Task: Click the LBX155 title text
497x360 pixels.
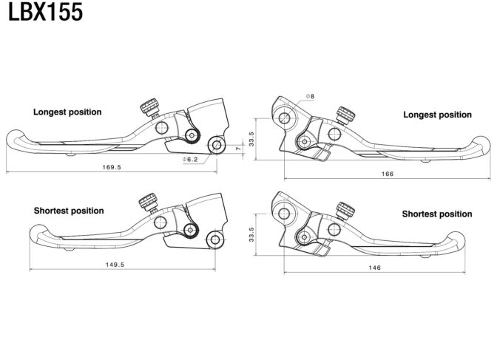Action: [45, 12]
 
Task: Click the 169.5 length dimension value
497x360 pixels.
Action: [112, 167]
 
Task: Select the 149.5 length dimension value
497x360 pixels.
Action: [115, 265]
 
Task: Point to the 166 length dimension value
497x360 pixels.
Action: [388, 174]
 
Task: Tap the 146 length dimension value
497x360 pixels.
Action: [374, 268]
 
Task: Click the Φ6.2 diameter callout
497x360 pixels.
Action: [190, 160]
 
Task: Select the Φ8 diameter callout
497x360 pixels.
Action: [310, 96]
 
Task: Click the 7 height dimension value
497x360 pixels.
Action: [238, 148]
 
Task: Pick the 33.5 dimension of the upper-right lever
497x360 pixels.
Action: [251, 139]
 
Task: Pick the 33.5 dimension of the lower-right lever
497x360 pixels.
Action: [251, 234]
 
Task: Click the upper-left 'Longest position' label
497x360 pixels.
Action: [67, 112]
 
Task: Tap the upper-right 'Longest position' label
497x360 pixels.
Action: [437, 115]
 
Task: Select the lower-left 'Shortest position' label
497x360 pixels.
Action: [69, 211]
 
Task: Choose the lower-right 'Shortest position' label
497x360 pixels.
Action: [437, 214]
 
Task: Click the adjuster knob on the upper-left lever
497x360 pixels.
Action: [149, 106]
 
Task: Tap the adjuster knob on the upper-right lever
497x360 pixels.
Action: [345, 115]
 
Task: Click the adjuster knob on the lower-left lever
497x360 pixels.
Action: [149, 202]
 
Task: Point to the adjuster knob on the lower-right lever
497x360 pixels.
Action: [345, 210]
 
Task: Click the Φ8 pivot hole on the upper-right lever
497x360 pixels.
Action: [284, 118]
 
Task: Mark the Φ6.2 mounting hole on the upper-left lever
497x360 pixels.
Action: [217, 145]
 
